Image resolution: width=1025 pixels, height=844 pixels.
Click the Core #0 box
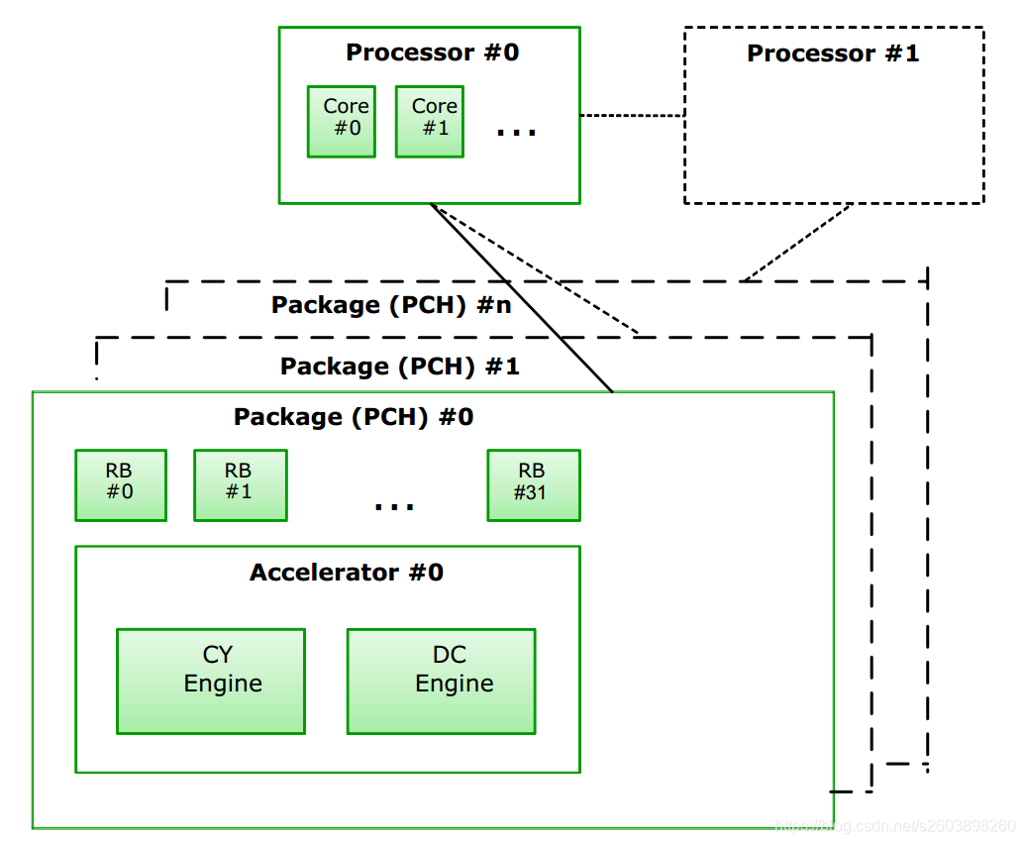coord(342,121)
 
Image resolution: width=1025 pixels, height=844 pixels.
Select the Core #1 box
coord(430,121)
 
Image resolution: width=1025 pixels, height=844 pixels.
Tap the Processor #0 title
coord(432,53)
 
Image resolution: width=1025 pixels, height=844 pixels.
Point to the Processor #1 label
coord(833,53)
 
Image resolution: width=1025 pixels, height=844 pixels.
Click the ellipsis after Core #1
coord(516,131)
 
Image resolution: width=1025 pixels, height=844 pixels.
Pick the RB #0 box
coord(121,485)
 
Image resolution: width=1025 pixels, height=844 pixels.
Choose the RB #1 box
coord(241,485)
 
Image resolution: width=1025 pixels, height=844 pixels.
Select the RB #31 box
coord(534,485)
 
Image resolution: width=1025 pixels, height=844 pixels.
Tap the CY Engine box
coord(211,682)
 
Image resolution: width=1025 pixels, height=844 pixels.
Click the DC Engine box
coord(441,682)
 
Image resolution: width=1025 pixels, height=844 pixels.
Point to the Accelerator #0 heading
coord(347,573)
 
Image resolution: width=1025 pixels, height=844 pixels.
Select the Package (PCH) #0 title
coord(354,417)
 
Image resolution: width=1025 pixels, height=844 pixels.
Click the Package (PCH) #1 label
coord(400,367)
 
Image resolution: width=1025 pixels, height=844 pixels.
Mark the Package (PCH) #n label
coord(391,305)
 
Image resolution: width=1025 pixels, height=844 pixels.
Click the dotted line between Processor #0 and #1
coord(632,116)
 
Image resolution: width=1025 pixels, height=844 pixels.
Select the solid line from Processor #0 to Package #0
coord(522,297)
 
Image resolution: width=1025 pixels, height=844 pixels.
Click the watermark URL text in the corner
coord(895,824)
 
